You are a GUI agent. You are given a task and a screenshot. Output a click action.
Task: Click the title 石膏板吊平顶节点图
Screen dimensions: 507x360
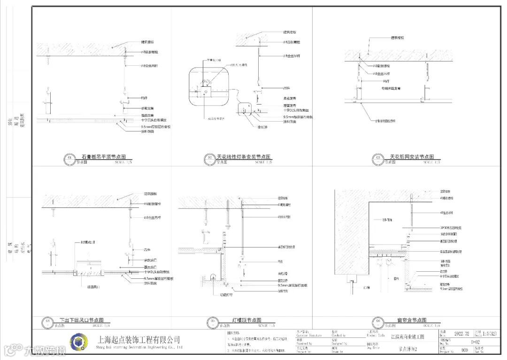point(104,157)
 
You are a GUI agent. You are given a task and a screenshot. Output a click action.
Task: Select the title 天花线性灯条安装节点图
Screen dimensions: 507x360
point(244,157)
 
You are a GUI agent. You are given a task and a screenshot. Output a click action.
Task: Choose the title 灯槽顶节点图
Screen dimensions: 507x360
point(246,320)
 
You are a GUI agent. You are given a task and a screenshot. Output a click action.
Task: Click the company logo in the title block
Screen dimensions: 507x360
point(79,342)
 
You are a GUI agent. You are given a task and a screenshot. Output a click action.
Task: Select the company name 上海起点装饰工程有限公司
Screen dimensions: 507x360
point(138,339)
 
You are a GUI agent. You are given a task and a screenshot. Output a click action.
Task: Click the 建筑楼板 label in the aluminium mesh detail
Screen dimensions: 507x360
point(398,38)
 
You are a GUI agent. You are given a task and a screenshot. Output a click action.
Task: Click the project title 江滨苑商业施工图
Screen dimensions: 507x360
point(407,337)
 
